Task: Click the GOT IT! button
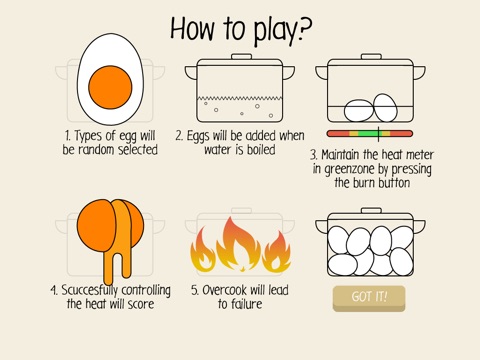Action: point(369,299)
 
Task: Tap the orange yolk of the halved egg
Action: point(110,87)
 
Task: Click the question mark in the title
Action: point(304,28)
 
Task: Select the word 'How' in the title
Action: point(192,29)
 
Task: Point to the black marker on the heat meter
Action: point(379,134)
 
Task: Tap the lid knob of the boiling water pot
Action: point(241,56)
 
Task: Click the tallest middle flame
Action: point(239,244)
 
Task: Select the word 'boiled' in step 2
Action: point(261,150)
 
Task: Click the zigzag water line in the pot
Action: point(240,98)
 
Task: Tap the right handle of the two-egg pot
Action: point(419,73)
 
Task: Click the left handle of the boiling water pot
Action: point(191,73)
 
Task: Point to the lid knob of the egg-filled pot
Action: point(371,210)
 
